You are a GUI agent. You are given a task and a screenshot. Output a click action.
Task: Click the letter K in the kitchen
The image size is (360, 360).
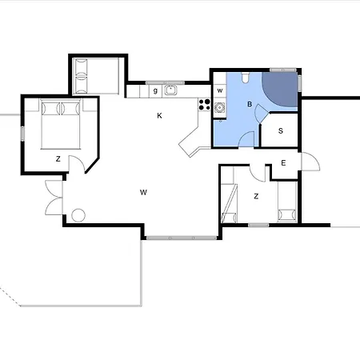[160, 116]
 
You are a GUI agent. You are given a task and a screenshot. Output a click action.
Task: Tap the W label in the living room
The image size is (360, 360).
[143, 192]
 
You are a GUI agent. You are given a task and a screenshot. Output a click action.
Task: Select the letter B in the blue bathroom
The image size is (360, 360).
[250, 104]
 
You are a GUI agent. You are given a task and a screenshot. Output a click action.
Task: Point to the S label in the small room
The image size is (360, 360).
[281, 130]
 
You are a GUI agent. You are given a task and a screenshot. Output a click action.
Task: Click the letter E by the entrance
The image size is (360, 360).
[284, 164]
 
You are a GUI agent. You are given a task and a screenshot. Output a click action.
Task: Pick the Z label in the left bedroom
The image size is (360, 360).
[58, 159]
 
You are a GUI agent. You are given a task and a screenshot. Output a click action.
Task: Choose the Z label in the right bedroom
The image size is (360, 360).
[256, 195]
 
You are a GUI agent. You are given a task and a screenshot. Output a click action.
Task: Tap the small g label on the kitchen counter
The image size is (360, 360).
[155, 90]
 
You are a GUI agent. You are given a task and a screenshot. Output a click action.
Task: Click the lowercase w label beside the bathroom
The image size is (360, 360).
[218, 90]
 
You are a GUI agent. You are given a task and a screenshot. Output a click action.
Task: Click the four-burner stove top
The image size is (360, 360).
[203, 104]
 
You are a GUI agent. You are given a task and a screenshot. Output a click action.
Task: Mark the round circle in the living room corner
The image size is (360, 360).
[78, 215]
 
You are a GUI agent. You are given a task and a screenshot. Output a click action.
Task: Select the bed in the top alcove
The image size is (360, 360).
[96, 75]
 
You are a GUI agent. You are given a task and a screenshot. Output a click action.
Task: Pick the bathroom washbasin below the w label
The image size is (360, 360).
[218, 108]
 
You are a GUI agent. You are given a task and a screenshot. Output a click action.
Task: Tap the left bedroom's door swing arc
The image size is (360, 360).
[78, 166]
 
